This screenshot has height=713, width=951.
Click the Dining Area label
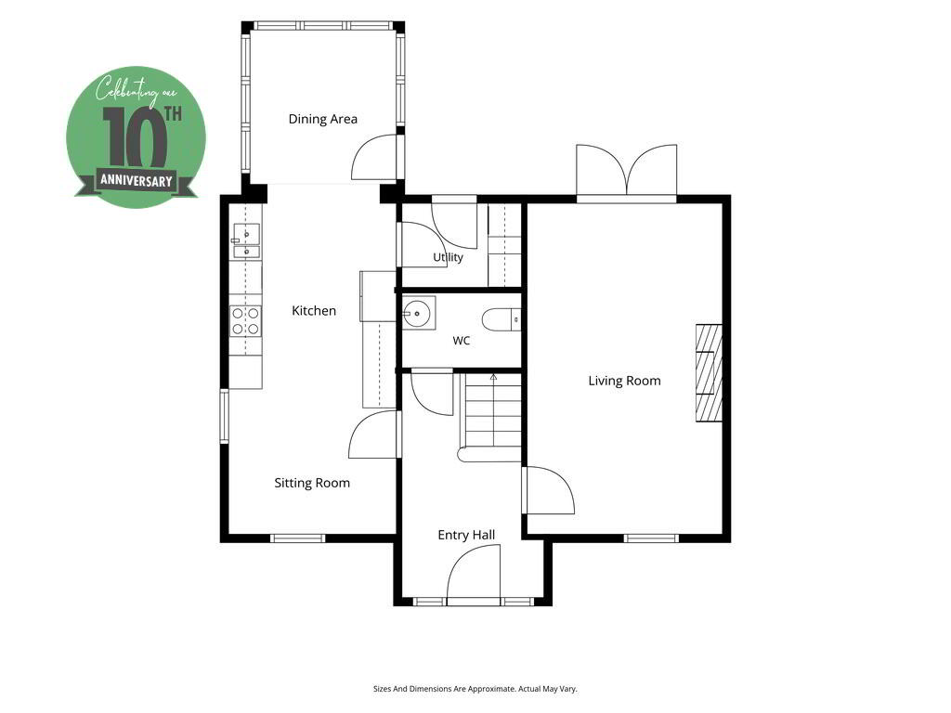coord(322,119)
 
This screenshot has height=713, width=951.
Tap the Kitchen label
coord(314,310)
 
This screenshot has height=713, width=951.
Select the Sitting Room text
coord(312,483)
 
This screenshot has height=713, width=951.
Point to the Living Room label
coord(624,381)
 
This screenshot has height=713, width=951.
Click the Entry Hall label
coord(466,535)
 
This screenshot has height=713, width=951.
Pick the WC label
coord(462,341)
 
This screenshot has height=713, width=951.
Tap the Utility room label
coord(449,257)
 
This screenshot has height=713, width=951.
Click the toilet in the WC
coord(502,319)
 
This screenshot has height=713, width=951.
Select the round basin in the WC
coord(419,313)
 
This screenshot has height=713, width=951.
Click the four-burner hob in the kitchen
coord(245,321)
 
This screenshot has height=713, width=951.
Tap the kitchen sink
coord(246,241)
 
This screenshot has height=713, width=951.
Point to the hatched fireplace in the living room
coord(709,373)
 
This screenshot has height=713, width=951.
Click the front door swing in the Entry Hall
coord(474,573)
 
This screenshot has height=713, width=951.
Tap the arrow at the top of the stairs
coord(493,377)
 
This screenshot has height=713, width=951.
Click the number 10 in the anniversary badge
coord(134,137)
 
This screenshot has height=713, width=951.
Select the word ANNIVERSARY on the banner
coord(137,181)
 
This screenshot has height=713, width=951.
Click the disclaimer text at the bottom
coord(475,689)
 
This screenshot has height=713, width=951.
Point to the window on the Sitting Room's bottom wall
coord(297,538)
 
